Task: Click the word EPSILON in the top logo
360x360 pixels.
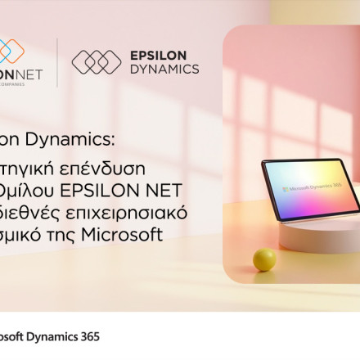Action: [158, 56]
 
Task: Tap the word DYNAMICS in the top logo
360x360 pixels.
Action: [164, 70]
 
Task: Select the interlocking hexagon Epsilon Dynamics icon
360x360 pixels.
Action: [97, 62]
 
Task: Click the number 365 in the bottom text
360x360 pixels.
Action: [88, 336]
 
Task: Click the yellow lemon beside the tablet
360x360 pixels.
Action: [263, 259]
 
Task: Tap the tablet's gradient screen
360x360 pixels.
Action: [311, 187]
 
